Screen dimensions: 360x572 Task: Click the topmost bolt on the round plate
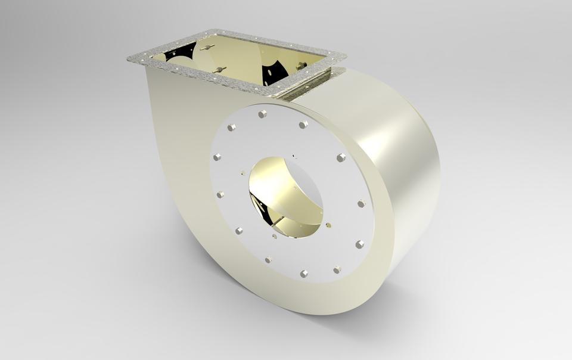tap(262, 113)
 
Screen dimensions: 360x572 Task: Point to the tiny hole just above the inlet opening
tap(293, 157)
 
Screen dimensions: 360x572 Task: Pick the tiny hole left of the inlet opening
tap(243, 173)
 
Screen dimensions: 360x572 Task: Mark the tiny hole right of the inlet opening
tap(328, 225)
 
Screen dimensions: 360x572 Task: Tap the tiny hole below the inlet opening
tap(274, 236)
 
